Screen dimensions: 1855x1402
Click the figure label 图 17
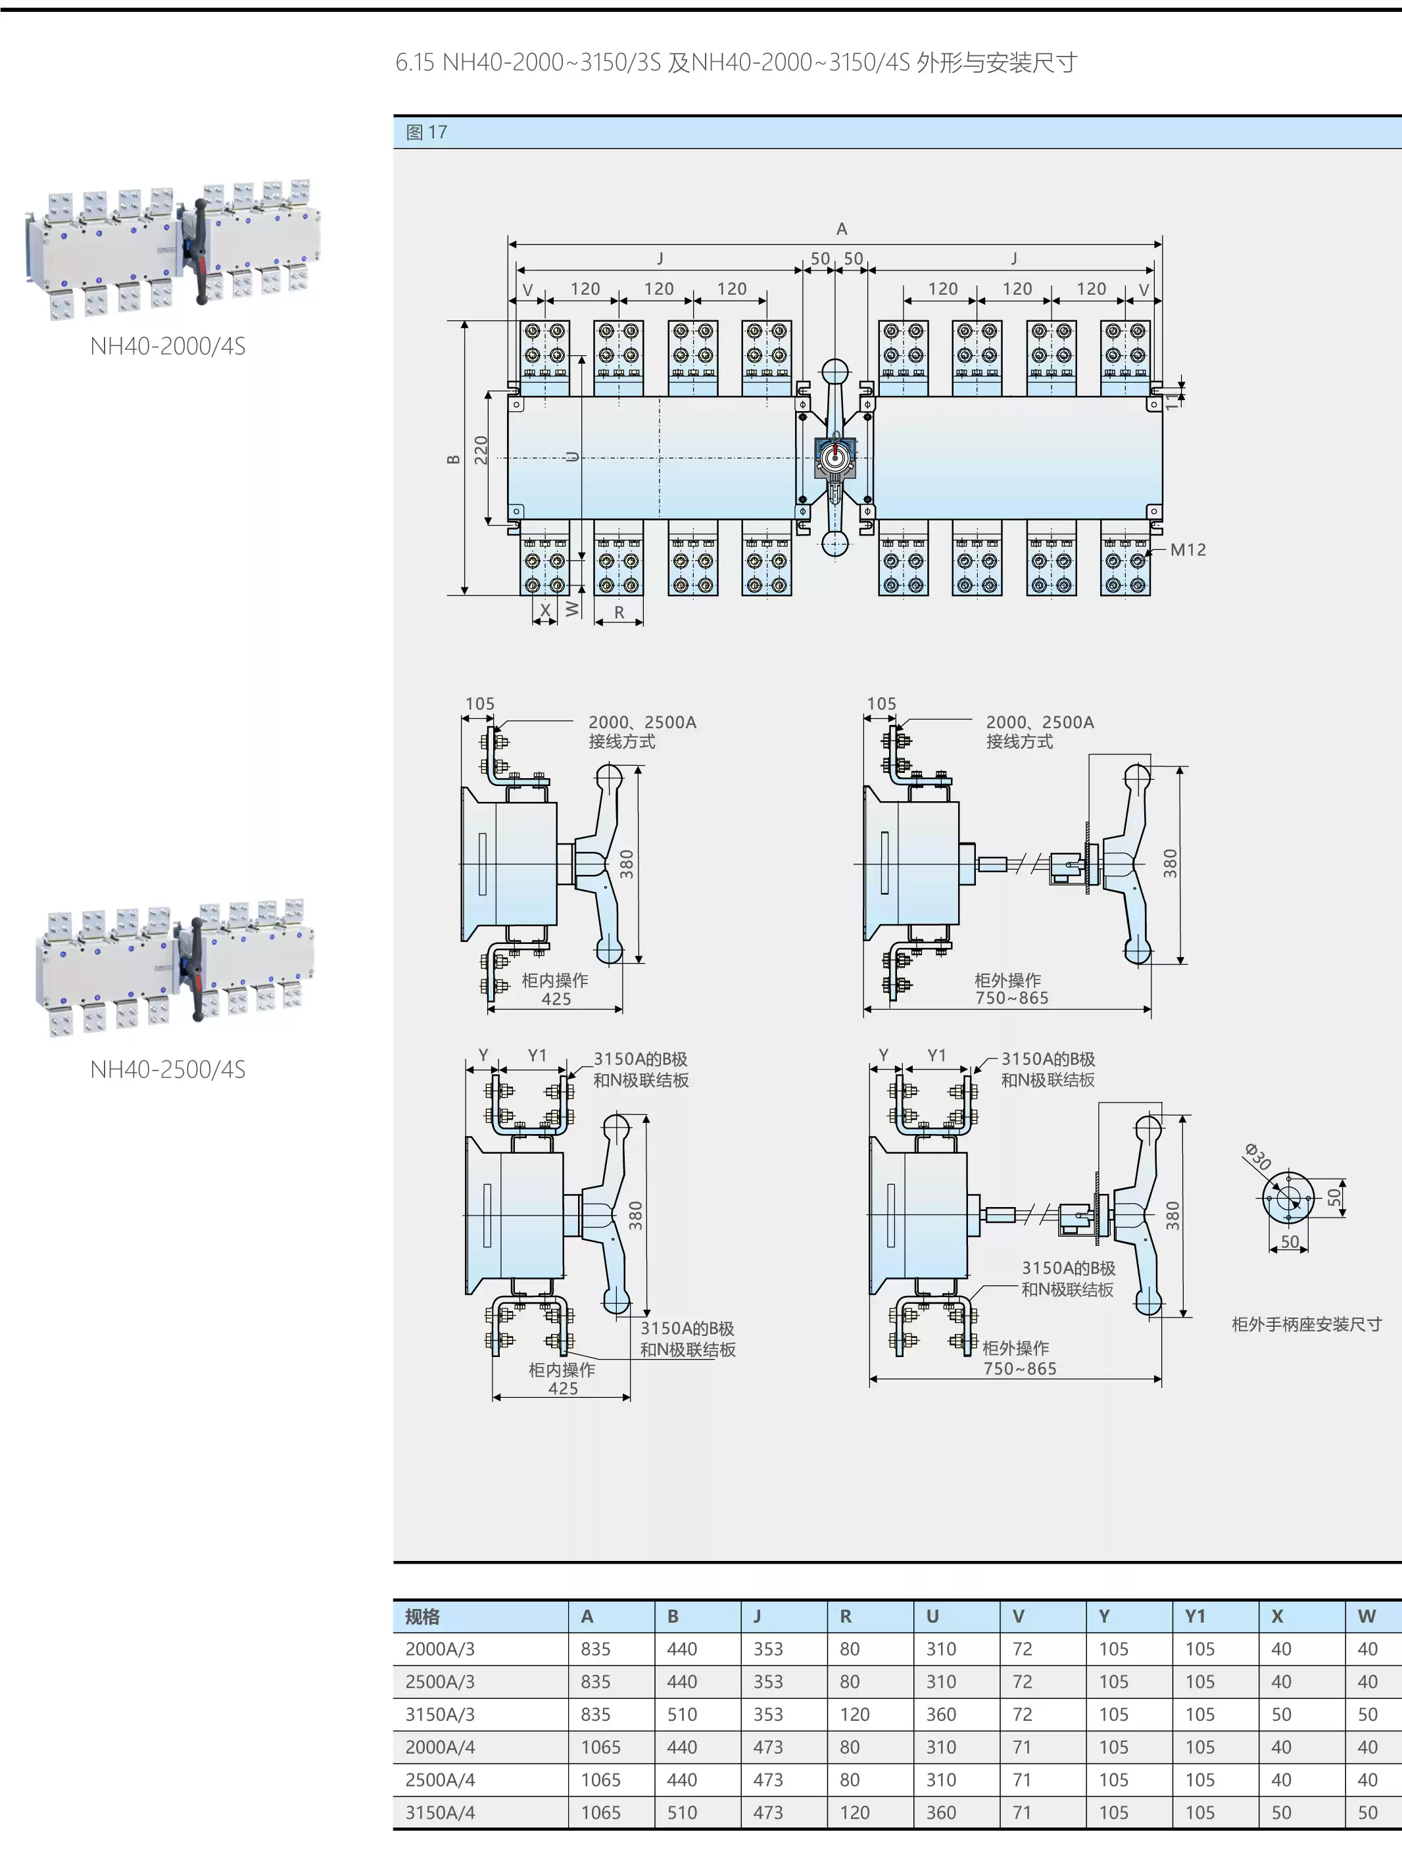426,132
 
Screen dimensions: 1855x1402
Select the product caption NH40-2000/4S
168,347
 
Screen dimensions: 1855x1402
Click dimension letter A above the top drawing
841,229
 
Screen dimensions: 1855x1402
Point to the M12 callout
1188,550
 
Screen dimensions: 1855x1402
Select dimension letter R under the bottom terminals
619,612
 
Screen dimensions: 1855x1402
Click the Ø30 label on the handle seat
1258,1156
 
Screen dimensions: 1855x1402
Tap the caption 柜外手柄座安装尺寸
1305,1324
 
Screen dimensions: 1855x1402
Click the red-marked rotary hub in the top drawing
834,457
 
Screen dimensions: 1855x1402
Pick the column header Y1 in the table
1195,1616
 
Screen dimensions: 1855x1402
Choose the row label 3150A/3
439,1714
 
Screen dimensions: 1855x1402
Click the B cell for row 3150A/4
682,1812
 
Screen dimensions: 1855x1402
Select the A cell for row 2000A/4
600,1747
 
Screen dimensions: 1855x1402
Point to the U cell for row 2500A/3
941,1681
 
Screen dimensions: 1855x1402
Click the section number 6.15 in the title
415,63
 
